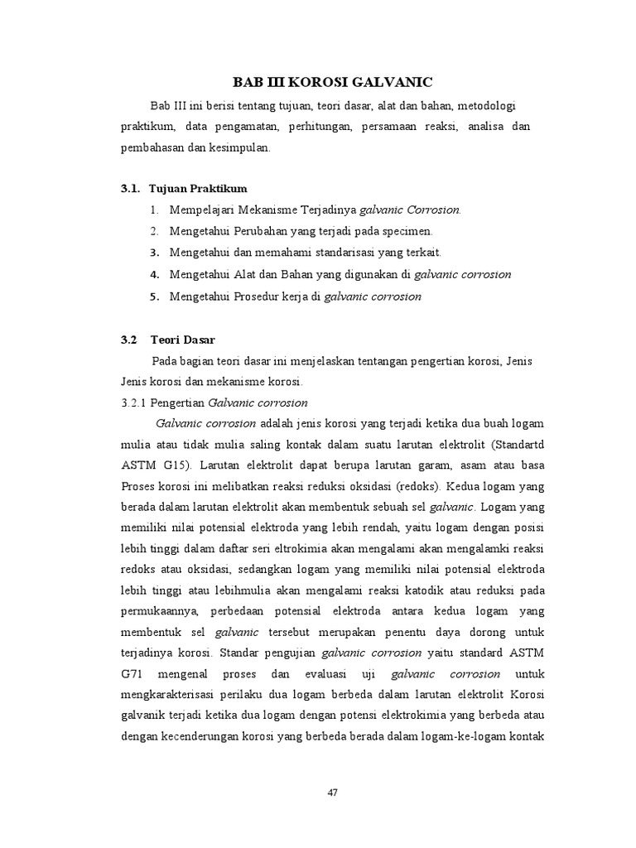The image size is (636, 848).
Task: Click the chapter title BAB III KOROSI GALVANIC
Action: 333,82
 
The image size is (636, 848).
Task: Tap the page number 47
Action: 333,793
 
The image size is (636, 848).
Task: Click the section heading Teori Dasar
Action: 182,340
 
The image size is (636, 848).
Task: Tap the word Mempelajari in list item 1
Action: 204,210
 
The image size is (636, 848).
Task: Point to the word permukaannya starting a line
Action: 158,611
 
